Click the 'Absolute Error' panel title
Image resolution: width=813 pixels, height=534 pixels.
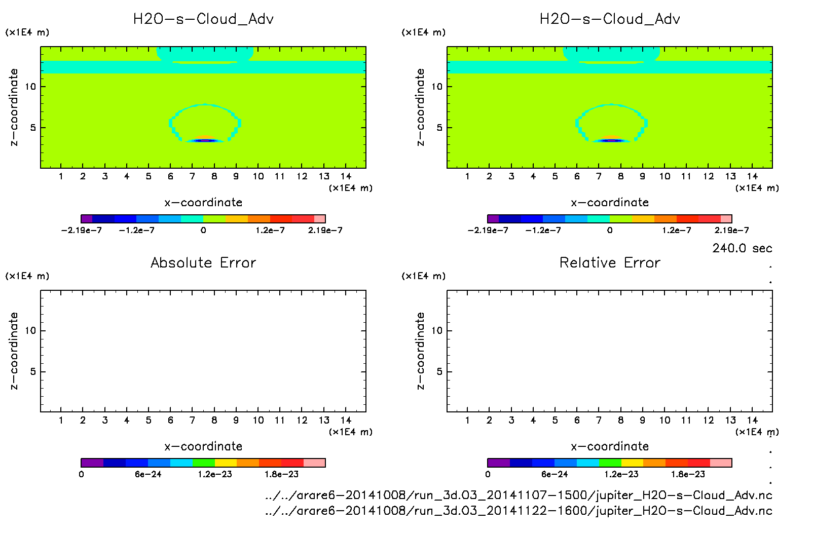203,262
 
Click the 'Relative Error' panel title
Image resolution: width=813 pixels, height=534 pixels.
610,262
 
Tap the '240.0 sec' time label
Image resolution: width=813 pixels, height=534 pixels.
742,248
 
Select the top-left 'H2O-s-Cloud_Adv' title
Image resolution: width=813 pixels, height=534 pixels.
203,19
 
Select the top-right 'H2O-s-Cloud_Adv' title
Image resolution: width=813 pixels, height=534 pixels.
610,19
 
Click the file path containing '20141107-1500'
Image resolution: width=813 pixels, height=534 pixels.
519,495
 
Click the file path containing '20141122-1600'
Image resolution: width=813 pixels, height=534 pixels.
519,511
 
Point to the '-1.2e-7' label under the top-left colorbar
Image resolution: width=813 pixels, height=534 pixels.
137,231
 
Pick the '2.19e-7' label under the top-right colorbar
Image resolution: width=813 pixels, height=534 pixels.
731,231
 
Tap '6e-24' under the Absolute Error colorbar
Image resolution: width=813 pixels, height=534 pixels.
148,475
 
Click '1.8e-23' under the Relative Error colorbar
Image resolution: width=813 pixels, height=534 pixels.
688,475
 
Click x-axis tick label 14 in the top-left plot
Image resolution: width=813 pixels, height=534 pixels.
346,176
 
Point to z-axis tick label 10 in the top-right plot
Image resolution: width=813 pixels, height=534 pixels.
437,87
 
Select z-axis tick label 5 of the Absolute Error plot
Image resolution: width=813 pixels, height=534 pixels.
33,372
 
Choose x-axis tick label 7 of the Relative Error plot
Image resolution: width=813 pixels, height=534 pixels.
599,421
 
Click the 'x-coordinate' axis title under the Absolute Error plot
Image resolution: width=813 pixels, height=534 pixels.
203,446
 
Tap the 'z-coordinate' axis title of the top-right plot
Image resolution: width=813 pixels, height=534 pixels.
420,107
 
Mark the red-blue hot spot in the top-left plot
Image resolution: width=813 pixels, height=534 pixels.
204,140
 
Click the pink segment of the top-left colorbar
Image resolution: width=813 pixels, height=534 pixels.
320,219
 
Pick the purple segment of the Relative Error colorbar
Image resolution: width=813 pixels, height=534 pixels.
499,463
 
